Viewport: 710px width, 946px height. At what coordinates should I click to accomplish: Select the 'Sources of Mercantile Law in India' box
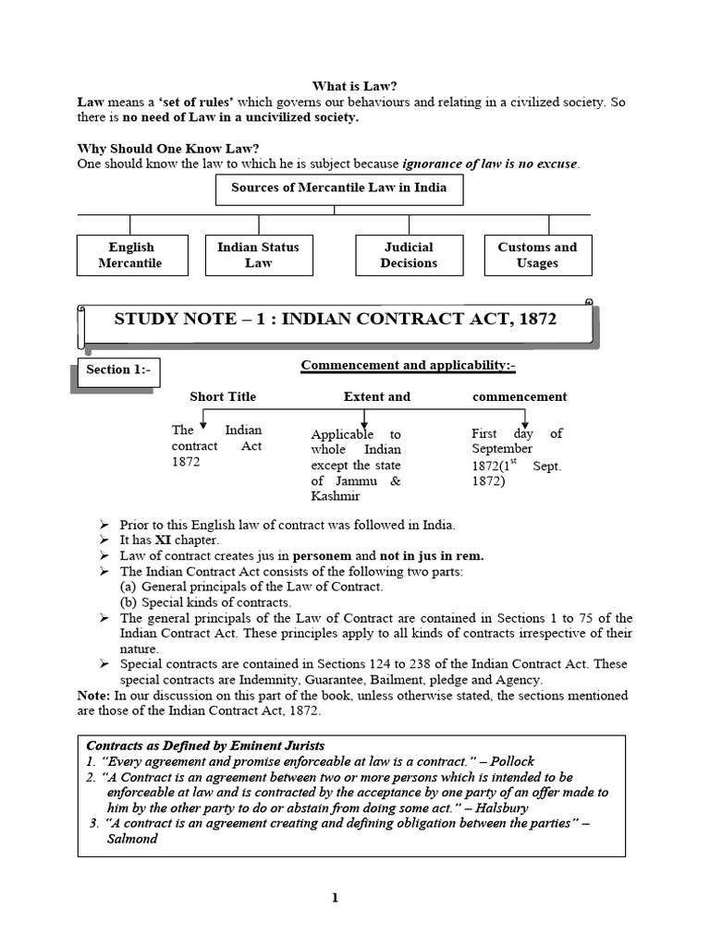338,188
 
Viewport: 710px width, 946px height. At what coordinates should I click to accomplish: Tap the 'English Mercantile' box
130,255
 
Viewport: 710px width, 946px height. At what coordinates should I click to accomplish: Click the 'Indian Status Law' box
258,255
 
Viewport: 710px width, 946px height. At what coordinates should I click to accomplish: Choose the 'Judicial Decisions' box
409,255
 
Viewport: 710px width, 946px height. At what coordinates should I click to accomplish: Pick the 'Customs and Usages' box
537,255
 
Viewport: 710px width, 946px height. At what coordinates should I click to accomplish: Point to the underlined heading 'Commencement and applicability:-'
408,365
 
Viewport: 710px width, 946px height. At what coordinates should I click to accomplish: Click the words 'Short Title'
223,396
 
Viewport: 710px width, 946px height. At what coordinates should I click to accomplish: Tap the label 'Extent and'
376,396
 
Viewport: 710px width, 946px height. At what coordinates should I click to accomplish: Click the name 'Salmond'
133,839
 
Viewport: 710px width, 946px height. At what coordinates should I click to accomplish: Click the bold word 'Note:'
95,695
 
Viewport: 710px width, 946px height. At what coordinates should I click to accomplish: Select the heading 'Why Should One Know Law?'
168,149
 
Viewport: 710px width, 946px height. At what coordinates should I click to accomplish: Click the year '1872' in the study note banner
535,320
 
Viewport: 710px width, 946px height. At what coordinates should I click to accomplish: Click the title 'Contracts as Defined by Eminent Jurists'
205,746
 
